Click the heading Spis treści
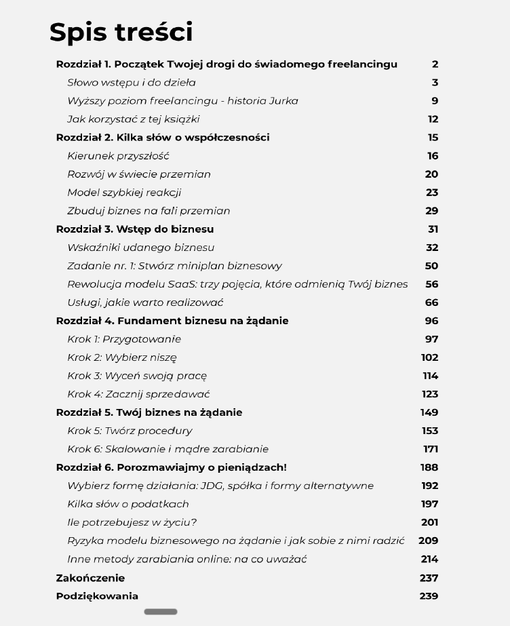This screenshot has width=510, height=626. [121, 33]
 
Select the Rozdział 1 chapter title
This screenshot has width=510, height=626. [227, 64]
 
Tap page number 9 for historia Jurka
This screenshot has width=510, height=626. [435, 101]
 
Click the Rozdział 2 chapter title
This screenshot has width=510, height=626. [163, 138]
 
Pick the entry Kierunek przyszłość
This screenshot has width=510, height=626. [118, 156]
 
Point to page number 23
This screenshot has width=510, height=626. [431, 193]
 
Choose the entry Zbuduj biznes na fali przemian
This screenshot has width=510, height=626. [149, 211]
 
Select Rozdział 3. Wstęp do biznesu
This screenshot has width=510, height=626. [135, 229]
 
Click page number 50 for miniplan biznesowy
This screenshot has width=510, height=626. [431, 266]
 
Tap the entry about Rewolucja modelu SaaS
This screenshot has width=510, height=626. [237, 284]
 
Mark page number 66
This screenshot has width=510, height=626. [431, 302]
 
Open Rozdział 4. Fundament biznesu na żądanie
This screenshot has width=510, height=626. [172, 321]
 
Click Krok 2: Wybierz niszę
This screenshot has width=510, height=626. [122, 357]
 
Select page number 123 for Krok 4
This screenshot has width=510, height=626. [430, 394]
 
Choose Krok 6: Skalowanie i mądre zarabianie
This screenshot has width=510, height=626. [168, 449]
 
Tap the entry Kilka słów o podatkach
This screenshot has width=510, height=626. [128, 504]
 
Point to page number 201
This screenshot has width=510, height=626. [430, 522]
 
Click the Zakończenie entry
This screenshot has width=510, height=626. [90, 578]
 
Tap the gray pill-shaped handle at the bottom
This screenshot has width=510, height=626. [161, 612]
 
